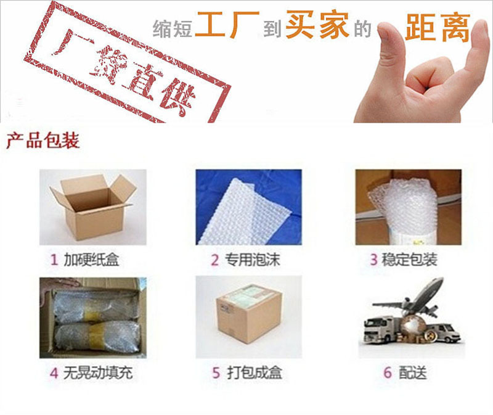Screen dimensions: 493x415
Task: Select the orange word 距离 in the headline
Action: (438, 27)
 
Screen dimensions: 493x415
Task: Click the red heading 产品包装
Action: (43, 141)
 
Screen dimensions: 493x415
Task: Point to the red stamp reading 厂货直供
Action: (128, 61)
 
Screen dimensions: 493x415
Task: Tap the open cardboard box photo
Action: (93, 207)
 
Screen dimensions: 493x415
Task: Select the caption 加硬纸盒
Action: (91, 260)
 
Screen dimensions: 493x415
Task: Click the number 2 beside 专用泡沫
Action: (214, 260)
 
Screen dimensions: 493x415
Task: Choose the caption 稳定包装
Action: (409, 260)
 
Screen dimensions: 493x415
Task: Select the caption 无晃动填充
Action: (98, 373)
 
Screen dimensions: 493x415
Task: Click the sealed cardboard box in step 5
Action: (248, 316)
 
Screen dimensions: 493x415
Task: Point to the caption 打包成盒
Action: (255, 373)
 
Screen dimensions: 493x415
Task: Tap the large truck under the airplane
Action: (382, 330)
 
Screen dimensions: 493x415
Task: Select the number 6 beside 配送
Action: (388, 373)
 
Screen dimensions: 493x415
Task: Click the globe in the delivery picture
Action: (412, 328)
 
